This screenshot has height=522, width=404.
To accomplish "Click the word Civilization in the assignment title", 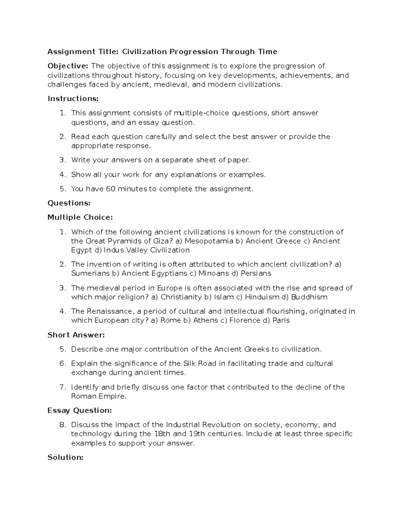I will point(144,52).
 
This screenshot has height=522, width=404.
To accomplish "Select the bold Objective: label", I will point(68,66).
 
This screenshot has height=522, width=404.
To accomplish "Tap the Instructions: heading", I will point(73,99).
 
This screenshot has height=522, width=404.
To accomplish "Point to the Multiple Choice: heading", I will point(80,217).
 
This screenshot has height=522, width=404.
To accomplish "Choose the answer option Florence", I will point(245,320).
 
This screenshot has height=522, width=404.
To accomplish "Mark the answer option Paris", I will point(281,320).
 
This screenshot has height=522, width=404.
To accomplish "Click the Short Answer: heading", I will point(76,335).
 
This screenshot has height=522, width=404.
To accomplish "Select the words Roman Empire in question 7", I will point(99,396).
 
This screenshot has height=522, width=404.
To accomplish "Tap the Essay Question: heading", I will point(79,410).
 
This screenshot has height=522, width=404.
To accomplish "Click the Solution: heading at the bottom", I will point(65,457).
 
